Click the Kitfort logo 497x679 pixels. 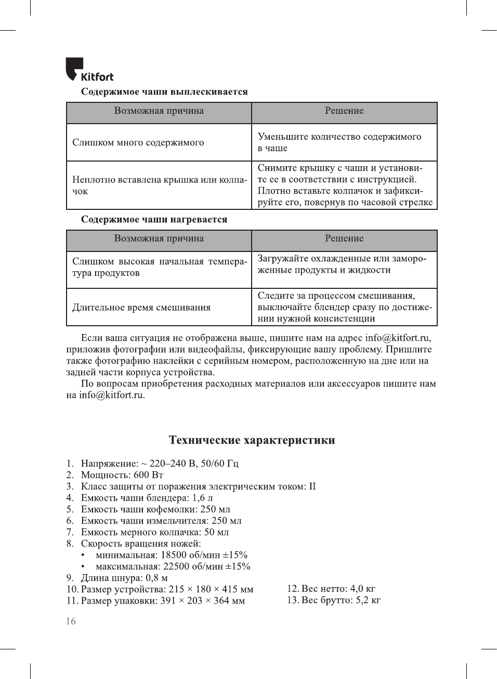pos(89,70)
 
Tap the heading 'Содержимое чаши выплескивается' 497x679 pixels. pos(164,92)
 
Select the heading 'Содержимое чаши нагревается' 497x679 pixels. pos(154,220)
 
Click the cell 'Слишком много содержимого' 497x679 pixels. pos(138,143)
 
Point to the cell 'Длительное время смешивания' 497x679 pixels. pos(141,308)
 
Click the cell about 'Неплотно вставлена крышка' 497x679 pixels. pos(159,185)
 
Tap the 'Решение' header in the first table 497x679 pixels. pos(344,111)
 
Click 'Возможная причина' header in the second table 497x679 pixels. pos(159,239)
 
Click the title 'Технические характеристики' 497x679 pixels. pos(252,441)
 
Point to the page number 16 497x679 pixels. pos(71,621)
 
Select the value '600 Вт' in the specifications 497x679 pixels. pos(149,475)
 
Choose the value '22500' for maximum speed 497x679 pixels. pos(176,567)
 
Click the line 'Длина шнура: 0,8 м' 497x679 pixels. pos(124,578)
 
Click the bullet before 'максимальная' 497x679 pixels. pos(83,567)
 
